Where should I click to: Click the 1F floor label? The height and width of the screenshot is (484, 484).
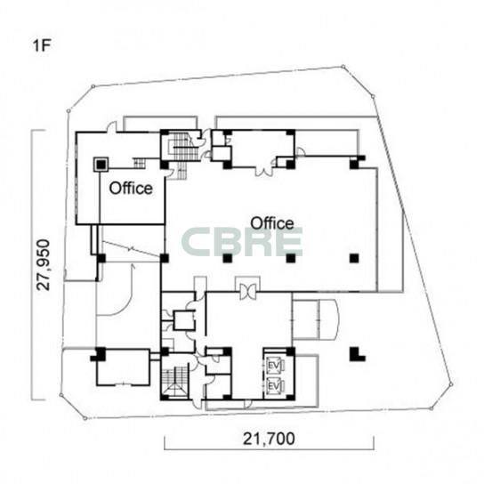[x=41, y=46]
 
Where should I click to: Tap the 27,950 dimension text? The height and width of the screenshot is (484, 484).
[x=44, y=265]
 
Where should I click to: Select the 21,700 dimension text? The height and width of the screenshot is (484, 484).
[x=269, y=439]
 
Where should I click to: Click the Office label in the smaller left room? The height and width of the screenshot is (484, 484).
[x=131, y=188]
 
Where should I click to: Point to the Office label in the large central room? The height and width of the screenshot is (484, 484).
[x=272, y=223]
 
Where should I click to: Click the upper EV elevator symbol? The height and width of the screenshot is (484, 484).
[x=274, y=366]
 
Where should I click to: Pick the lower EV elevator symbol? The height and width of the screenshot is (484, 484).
[x=274, y=386]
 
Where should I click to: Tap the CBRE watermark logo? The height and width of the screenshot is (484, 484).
[x=242, y=242]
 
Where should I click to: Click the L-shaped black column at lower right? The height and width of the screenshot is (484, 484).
[x=357, y=354]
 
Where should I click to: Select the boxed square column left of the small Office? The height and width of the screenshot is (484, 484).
[x=101, y=165]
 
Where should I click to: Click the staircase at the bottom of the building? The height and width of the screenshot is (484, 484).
[x=174, y=382]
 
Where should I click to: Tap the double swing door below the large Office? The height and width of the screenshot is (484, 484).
[x=247, y=292]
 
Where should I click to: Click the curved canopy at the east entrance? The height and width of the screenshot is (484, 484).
[x=328, y=319]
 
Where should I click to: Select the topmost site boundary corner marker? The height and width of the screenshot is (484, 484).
[x=343, y=66]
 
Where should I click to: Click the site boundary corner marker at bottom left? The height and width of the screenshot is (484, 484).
[x=85, y=418]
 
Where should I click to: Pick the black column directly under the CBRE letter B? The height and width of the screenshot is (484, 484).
[x=228, y=258]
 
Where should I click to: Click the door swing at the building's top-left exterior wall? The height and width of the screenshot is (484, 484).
[x=112, y=127]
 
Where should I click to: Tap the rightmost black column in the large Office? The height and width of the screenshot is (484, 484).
[x=354, y=258]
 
